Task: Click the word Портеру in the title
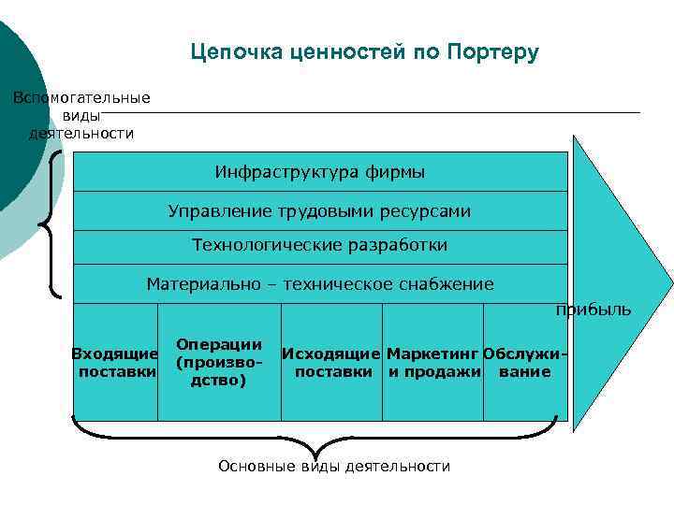(x=492, y=51)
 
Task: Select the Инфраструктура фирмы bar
(x=319, y=172)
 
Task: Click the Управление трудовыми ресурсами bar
(x=319, y=211)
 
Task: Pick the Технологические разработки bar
(x=319, y=246)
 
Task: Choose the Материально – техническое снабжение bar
(x=319, y=283)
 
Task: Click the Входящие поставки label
(x=115, y=362)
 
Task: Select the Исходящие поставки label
(x=332, y=362)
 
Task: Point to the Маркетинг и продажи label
(x=433, y=362)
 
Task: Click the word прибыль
(x=593, y=310)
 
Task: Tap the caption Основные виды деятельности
(x=333, y=466)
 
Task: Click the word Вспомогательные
(x=81, y=97)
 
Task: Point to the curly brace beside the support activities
(x=51, y=224)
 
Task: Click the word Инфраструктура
(x=273, y=172)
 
